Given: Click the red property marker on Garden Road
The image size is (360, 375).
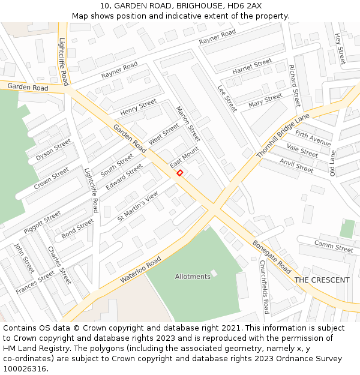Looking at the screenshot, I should pos(179,173).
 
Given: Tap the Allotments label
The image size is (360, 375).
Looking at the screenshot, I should pos(193,277).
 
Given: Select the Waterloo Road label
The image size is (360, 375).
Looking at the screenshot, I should pos(141,271).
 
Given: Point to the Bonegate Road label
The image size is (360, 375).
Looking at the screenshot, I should pos(272,258).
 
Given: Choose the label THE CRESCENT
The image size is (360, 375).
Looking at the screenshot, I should pos(322,280).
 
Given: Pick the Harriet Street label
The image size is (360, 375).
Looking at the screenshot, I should pos(252,66).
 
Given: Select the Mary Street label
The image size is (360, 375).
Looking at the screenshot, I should pos(265,100).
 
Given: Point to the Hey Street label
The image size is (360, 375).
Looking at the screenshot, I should pos(340,49).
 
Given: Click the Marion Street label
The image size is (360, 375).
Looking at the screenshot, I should pos(188,128).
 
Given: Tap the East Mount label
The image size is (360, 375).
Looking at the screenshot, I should pos(184,158).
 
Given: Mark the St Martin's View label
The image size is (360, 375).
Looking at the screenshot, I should pos(137,206).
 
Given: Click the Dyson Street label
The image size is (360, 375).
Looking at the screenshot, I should pos(53,150).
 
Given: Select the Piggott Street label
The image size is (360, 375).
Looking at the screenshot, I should pos(42,222).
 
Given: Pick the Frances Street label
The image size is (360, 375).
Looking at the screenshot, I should pos(35,283).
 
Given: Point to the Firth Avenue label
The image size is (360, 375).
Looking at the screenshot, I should pos(313,138).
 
